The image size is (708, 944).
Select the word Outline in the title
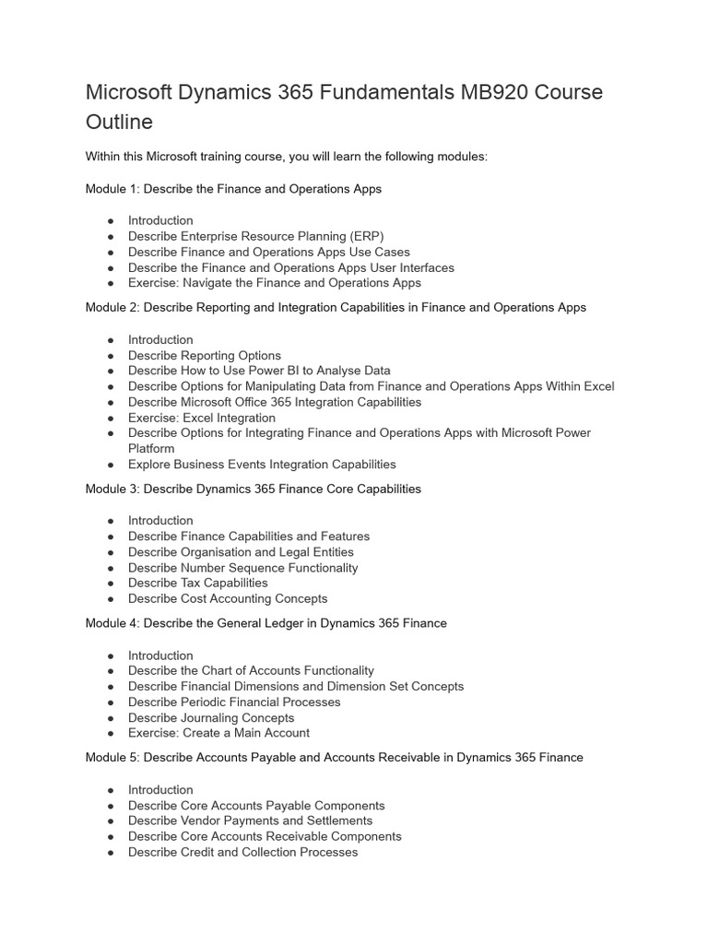coord(119,123)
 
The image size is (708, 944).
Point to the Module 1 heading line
coord(233,189)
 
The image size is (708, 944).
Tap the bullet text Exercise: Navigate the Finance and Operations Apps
coord(274,283)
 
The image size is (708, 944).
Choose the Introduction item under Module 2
coord(160,340)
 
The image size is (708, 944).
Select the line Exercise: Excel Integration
coord(201,418)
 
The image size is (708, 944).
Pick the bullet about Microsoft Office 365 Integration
coord(274,402)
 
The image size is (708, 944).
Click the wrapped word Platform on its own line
coord(151,449)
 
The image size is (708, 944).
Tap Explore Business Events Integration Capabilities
coord(262,465)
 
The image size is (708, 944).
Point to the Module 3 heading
coord(253,490)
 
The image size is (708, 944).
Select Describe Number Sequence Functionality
coord(242,568)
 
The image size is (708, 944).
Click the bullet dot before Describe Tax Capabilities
coord(111,584)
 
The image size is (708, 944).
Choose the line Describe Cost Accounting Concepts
coord(228,599)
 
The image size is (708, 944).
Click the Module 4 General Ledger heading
coord(265,624)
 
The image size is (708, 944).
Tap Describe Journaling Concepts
coord(211,718)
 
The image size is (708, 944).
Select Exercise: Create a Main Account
coord(218,734)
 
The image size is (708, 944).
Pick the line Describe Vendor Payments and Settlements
coord(250,820)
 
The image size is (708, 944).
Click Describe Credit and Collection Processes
coord(242,852)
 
